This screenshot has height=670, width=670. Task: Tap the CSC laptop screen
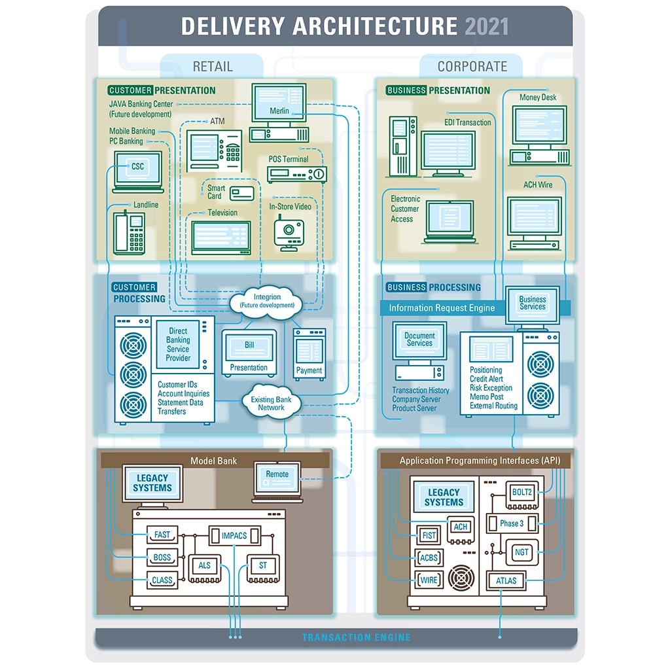(137, 169)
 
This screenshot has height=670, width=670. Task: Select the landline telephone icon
(129, 232)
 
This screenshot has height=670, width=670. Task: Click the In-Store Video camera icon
(288, 232)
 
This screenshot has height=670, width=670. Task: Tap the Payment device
(309, 354)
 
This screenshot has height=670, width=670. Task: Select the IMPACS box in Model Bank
(234, 535)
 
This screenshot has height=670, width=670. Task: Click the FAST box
(162, 535)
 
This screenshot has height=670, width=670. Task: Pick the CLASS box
(162, 580)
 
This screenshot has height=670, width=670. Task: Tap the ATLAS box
(506, 580)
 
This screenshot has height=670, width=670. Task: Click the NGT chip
(521, 552)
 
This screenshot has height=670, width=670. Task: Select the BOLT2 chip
(522, 493)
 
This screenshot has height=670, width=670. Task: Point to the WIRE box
(429, 580)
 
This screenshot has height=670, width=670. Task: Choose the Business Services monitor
(532, 303)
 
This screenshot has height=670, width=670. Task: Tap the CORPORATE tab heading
(472, 67)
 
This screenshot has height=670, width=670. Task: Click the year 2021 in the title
(487, 27)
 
